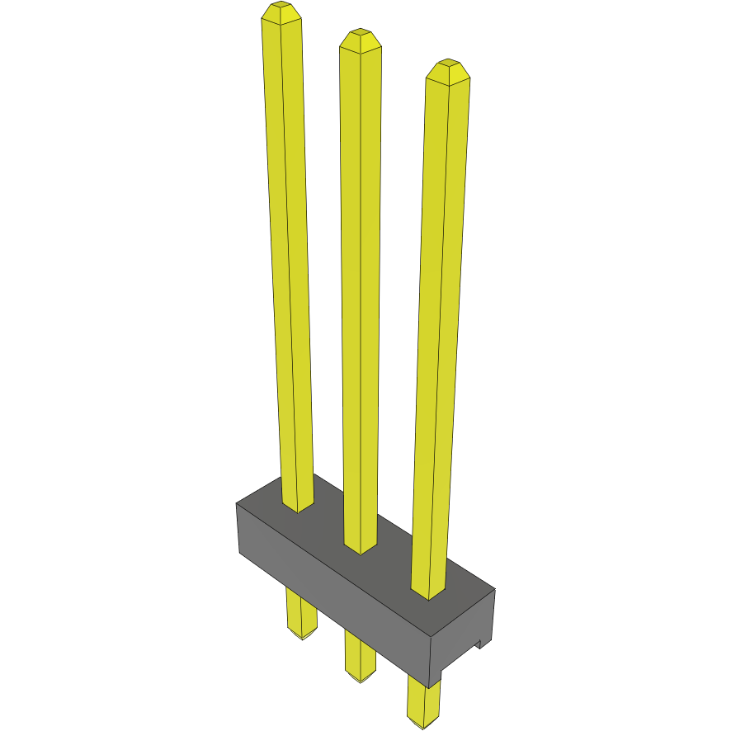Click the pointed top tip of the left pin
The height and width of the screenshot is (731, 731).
point(281,10)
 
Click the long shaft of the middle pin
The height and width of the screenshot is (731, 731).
point(361,289)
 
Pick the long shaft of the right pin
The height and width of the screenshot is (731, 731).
point(441,330)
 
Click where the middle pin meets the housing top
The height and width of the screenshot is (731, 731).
point(361,545)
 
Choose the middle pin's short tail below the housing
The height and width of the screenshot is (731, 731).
point(360,656)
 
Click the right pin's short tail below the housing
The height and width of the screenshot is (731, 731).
point(423,701)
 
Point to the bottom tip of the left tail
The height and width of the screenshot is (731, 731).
point(302,636)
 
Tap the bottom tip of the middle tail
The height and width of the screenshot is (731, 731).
point(360,679)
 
